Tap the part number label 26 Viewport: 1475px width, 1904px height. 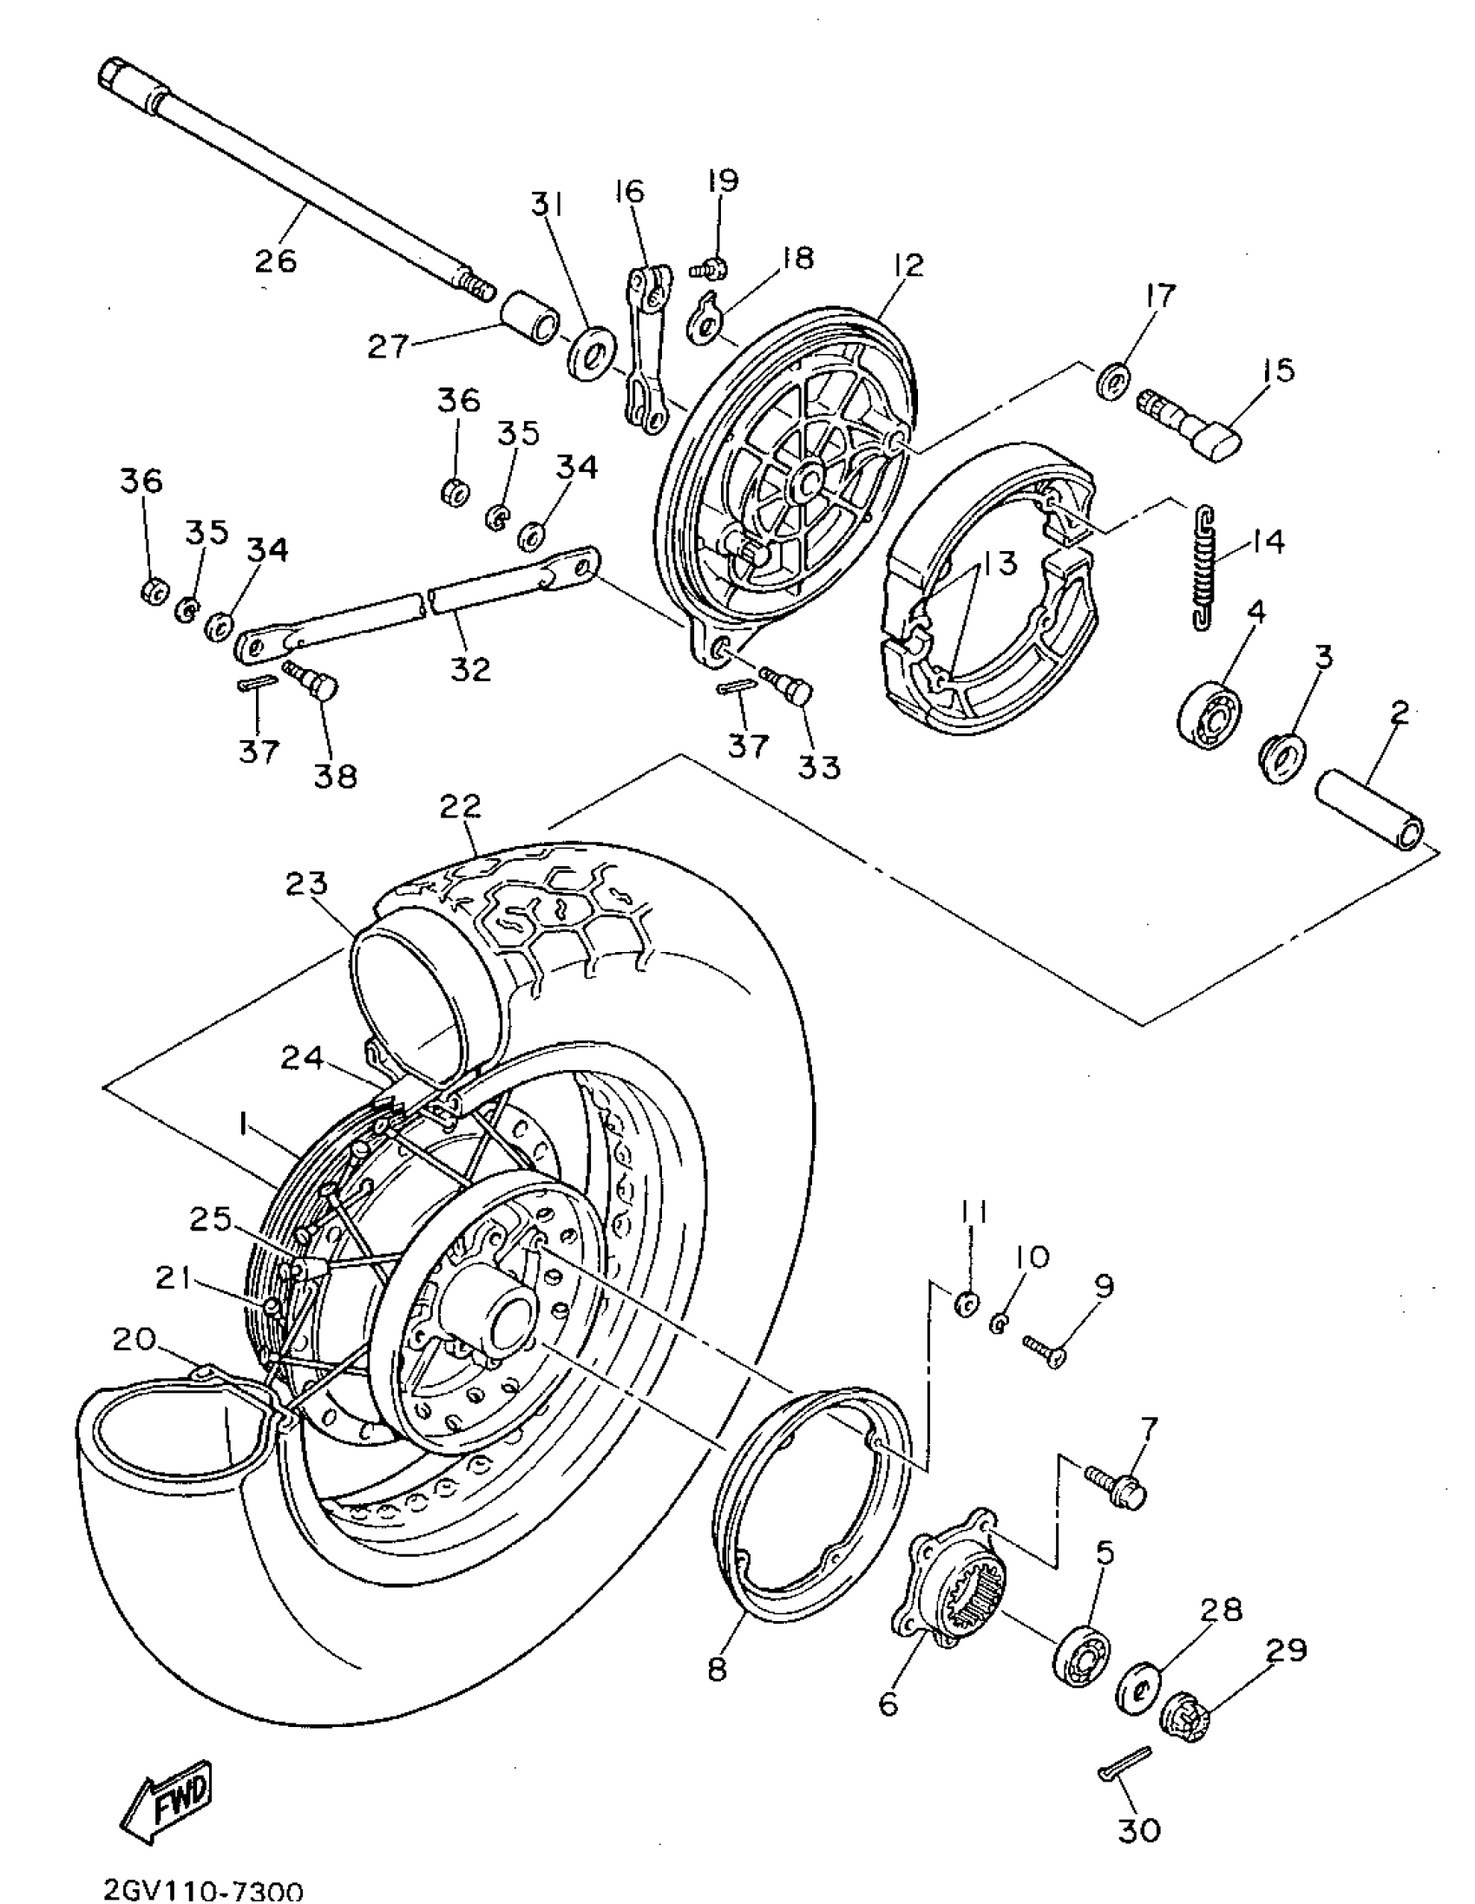pyautogui.click(x=275, y=260)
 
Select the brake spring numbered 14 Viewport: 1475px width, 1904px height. pyautogui.click(x=1203, y=567)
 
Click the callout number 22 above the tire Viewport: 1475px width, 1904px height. pyautogui.click(x=460, y=805)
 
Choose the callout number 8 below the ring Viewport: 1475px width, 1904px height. pyautogui.click(x=718, y=1669)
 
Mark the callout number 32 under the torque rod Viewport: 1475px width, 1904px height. pyautogui.click(x=471, y=670)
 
